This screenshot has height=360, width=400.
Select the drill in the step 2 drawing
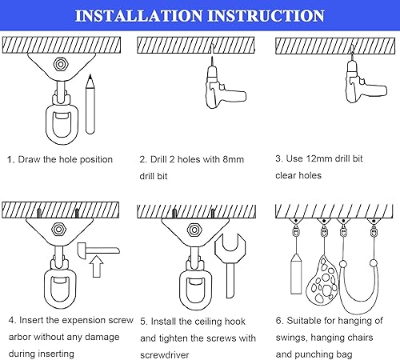(x=216, y=86)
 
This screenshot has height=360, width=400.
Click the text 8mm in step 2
(x=231, y=159)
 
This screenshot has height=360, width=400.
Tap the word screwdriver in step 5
(x=168, y=353)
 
